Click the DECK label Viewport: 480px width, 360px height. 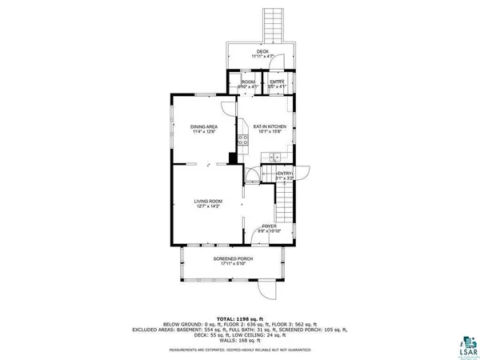coord(262,51)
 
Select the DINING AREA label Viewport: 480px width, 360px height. coord(204,126)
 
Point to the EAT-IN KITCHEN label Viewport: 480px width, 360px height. coord(270,126)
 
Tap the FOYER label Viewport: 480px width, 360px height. coord(270,226)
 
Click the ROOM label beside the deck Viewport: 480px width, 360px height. coord(249,82)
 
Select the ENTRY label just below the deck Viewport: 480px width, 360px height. coord(277,82)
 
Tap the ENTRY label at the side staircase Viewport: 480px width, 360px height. coord(285,174)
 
